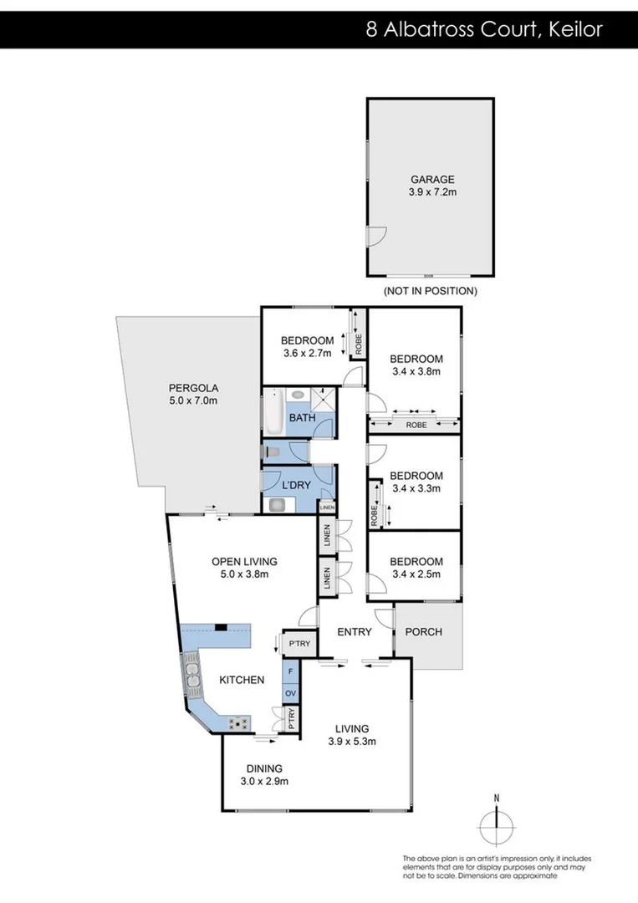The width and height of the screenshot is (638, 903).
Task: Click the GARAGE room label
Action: (431, 179)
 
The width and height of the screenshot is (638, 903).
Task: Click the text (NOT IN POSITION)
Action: (430, 292)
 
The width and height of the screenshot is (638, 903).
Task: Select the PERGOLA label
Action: (193, 388)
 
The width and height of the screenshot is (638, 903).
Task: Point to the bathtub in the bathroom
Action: (273, 412)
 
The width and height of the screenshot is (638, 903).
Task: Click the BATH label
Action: (301, 417)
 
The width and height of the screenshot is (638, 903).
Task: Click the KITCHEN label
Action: (242, 680)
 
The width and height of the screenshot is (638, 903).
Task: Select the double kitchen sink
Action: (193, 676)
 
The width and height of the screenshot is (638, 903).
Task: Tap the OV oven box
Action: (290, 693)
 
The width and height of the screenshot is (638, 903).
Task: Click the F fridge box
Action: (290, 671)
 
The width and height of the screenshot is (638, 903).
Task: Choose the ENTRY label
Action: (354, 632)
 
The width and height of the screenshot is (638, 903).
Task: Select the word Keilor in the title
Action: (575, 30)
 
